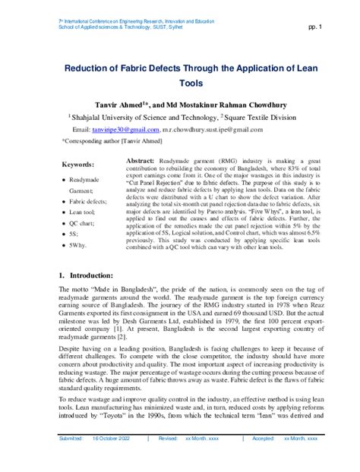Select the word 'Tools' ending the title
(x=191, y=86)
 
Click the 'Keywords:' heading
(x=77, y=164)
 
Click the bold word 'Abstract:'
(x=141, y=162)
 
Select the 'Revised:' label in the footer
(x=167, y=439)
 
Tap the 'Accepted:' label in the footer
(x=262, y=439)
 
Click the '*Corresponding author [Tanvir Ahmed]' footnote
(x=112, y=141)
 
